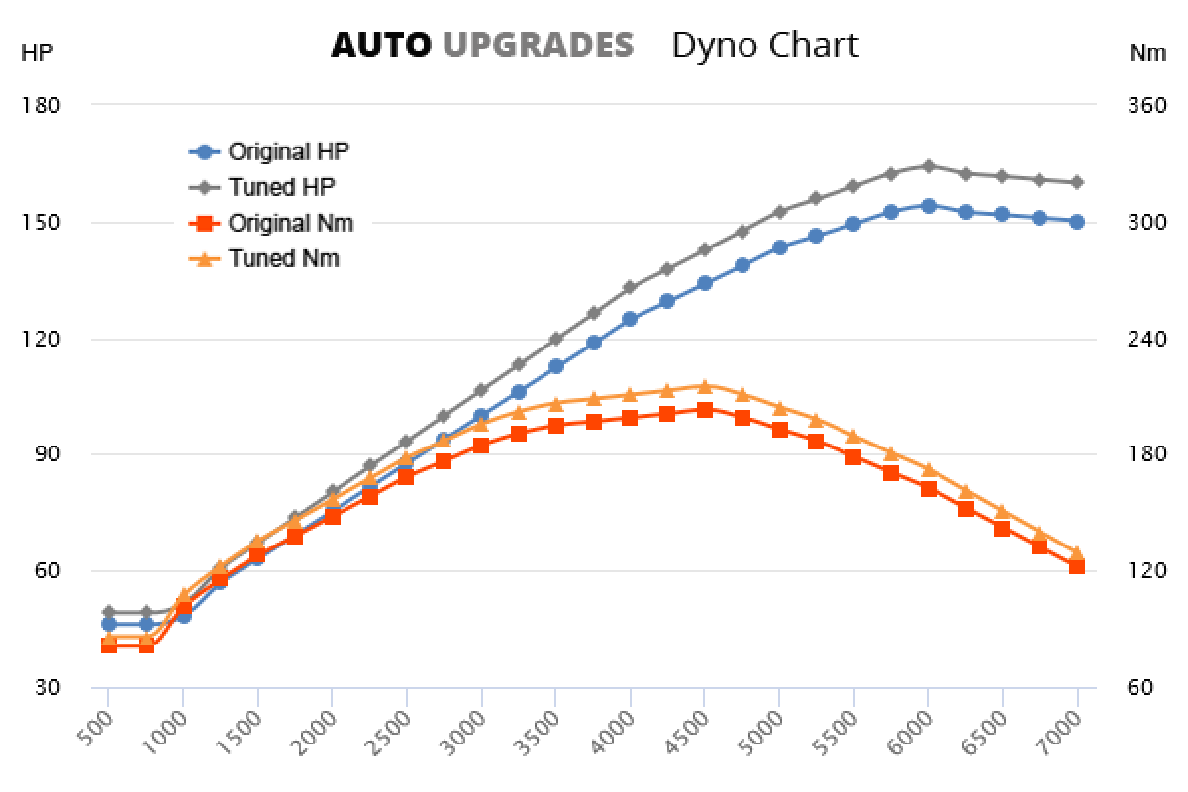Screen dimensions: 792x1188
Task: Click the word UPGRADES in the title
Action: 538,46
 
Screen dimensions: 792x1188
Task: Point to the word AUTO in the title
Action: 381,46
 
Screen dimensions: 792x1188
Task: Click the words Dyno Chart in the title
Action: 765,46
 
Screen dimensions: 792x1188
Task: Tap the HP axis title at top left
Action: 37,54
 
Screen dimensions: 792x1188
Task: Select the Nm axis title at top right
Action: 1147,54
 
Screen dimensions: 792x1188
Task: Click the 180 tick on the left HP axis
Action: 41,105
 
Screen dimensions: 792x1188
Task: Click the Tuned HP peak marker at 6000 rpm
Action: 928,166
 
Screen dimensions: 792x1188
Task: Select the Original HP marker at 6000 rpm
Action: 928,206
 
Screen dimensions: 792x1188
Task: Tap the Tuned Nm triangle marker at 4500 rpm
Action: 704,386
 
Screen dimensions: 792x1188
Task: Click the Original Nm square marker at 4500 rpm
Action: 704,410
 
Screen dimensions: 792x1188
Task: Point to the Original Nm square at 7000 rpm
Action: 1077,566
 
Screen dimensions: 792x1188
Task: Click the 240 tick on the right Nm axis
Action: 1146,339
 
